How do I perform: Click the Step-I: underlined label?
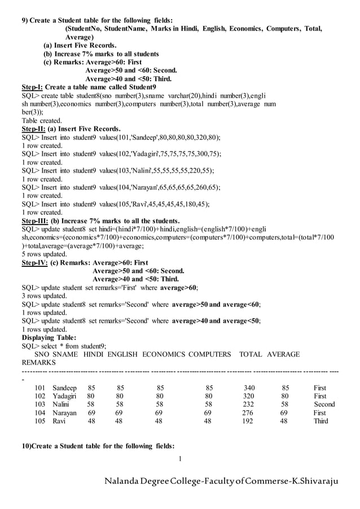(x=32, y=87)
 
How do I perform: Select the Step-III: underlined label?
(x=34, y=221)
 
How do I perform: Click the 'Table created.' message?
(x=42, y=121)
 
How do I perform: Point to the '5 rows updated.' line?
(x=44, y=254)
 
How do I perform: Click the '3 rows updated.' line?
(x=44, y=296)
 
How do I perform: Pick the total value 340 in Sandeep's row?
(x=248, y=388)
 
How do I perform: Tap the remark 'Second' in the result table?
(x=324, y=404)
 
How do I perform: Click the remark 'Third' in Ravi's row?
(x=321, y=421)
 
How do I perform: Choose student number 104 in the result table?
(x=39, y=413)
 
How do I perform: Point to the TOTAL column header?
(x=251, y=354)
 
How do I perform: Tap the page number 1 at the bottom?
(x=179, y=458)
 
